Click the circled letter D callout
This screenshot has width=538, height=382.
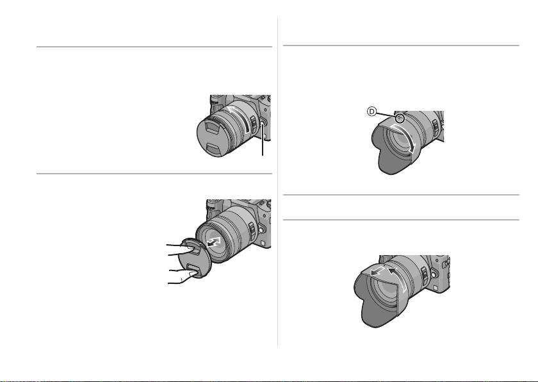372,111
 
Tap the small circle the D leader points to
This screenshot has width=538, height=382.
400,119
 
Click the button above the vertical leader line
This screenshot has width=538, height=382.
263,124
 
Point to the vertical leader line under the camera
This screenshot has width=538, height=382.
263,141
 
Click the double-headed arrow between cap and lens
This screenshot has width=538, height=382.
214,242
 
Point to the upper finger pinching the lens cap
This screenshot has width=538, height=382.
179,249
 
